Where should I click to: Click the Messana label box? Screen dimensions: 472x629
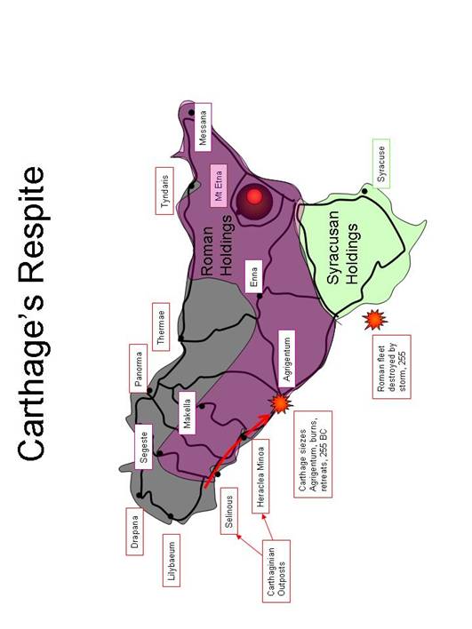[x=203, y=128]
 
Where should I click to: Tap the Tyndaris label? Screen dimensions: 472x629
[x=164, y=191]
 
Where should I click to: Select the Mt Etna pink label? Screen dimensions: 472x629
[x=219, y=186]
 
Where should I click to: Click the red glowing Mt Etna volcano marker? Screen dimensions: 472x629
[x=254, y=196]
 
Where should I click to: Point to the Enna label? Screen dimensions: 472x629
[x=253, y=277]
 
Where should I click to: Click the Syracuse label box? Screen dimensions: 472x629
[x=381, y=163]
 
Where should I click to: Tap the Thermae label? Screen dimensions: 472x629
[x=161, y=327]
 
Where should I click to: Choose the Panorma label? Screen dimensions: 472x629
[x=139, y=369]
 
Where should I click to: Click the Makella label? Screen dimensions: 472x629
[x=187, y=413]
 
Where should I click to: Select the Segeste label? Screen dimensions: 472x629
[x=144, y=447]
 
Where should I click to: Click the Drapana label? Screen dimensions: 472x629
[x=135, y=531]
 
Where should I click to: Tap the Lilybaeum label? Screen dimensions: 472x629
[x=172, y=561]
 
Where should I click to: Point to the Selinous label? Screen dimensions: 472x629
[x=228, y=511]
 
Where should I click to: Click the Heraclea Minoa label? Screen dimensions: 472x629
[x=260, y=476]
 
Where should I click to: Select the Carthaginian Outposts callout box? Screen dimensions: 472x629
[x=276, y=571]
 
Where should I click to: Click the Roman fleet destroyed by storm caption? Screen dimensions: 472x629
[x=392, y=367]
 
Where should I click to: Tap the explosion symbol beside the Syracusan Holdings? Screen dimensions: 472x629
[x=374, y=320]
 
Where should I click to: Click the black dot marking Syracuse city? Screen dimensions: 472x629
[x=364, y=191]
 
